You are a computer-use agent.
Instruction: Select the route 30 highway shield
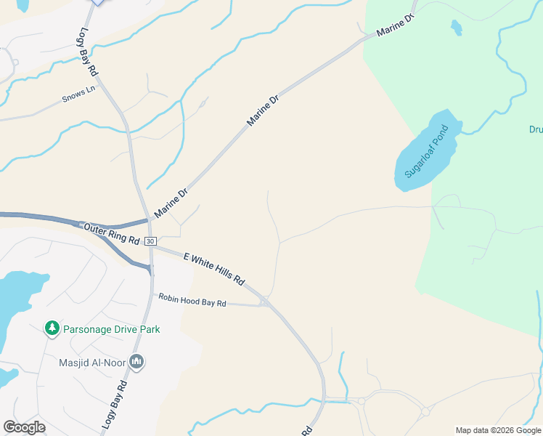[x=150, y=241]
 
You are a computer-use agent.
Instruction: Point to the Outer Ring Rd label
[x=111, y=233]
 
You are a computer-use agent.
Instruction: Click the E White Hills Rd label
[x=214, y=268]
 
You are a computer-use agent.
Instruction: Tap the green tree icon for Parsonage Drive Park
[x=52, y=328]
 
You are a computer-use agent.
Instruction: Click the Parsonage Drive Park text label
[x=111, y=329]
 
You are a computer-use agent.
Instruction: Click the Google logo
[x=24, y=427]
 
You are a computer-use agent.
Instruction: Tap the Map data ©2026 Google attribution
[x=497, y=430]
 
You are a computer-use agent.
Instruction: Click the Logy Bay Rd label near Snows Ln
[x=86, y=52]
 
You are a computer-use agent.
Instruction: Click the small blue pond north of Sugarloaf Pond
[x=456, y=28]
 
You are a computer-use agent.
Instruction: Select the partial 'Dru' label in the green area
[x=536, y=130]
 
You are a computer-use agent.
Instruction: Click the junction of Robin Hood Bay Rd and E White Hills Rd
[x=265, y=302]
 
